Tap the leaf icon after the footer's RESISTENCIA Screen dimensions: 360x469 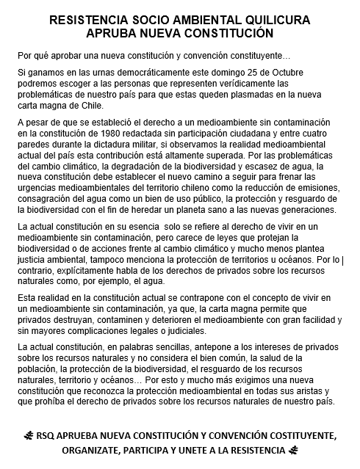tap(292, 449)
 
